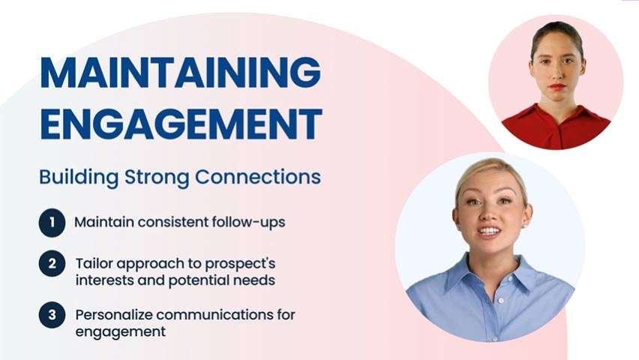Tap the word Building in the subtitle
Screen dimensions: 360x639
pyautogui.click(x=71, y=178)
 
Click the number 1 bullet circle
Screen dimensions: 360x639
pyautogui.click(x=51, y=223)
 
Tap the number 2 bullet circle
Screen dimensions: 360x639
pyautogui.click(x=51, y=264)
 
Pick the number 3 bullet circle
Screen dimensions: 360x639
pyautogui.click(x=51, y=314)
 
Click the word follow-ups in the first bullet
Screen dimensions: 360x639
pyautogui.click(x=246, y=223)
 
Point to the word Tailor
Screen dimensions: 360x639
pyautogui.click(x=93, y=264)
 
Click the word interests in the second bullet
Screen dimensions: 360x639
pyautogui.click(x=105, y=280)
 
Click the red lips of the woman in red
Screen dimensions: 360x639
pyautogui.click(x=556, y=87)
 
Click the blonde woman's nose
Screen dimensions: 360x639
pyautogui.click(x=488, y=214)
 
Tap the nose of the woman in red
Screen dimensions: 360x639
pyautogui.click(x=556, y=74)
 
